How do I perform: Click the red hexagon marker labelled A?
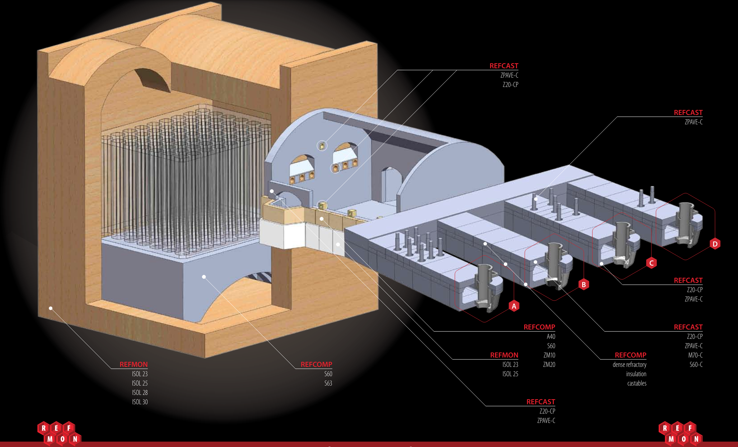(514, 306)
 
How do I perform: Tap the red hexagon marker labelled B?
(584, 285)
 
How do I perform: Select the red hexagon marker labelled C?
(651, 263)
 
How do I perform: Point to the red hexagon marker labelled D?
(715, 244)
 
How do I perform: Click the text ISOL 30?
(140, 402)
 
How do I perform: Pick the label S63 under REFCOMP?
(328, 383)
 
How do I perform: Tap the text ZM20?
(549, 364)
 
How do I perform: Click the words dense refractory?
(629, 364)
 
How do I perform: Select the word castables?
(636, 383)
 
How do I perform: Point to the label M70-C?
(695, 355)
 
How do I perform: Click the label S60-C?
(696, 364)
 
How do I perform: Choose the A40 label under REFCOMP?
(551, 336)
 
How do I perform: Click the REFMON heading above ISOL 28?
(134, 364)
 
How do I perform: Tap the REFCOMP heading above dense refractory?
(630, 355)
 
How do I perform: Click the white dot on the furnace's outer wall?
(51, 308)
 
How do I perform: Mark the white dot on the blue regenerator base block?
(204, 277)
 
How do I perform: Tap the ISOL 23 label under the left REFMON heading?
(140, 374)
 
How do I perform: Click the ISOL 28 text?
(140, 392)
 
